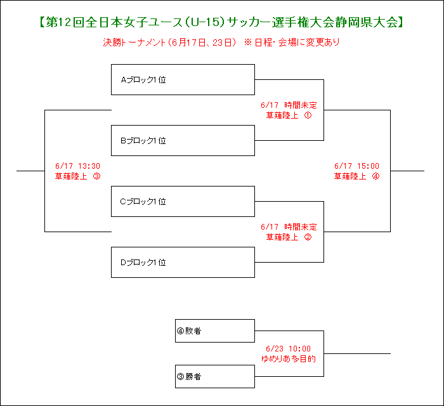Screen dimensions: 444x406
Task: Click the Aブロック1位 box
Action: pyautogui.click(x=183, y=79)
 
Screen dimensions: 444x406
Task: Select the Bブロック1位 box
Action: pyautogui.click(x=183, y=140)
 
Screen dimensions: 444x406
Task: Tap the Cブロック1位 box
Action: pyautogui.click(x=183, y=201)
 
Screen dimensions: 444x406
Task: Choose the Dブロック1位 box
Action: pyautogui.click(x=183, y=262)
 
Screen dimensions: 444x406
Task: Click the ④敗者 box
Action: pyautogui.click(x=215, y=331)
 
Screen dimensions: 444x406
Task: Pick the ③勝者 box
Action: pyautogui.click(x=215, y=376)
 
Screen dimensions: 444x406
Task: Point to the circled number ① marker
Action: pyautogui.click(x=308, y=115)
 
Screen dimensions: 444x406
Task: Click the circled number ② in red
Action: pyautogui.click(x=308, y=237)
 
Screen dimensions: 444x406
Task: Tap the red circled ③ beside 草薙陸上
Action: pyautogui.click(x=96, y=176)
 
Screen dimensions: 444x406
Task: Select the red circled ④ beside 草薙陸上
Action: pyautogui.click(x=375, y=176)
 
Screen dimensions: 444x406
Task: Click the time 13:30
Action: pyautogui.click(x=89, y=166)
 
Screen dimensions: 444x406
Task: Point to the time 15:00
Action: pyautogui.click(x=368, y=166)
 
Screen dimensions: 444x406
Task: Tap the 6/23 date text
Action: pyautogui.click(x=275, y=348)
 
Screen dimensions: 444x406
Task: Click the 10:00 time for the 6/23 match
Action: pyautogui.click(x=299, y=348)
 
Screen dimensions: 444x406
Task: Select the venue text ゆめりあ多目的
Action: pyautogui.click(x=288, y=358)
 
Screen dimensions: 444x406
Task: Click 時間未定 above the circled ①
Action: pyautogui.click(x=301, y=105)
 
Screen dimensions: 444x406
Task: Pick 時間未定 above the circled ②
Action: pyautogui.click(x=301, y=226)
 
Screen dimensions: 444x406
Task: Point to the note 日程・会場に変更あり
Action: pyautogui.click(x=297, y=43)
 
